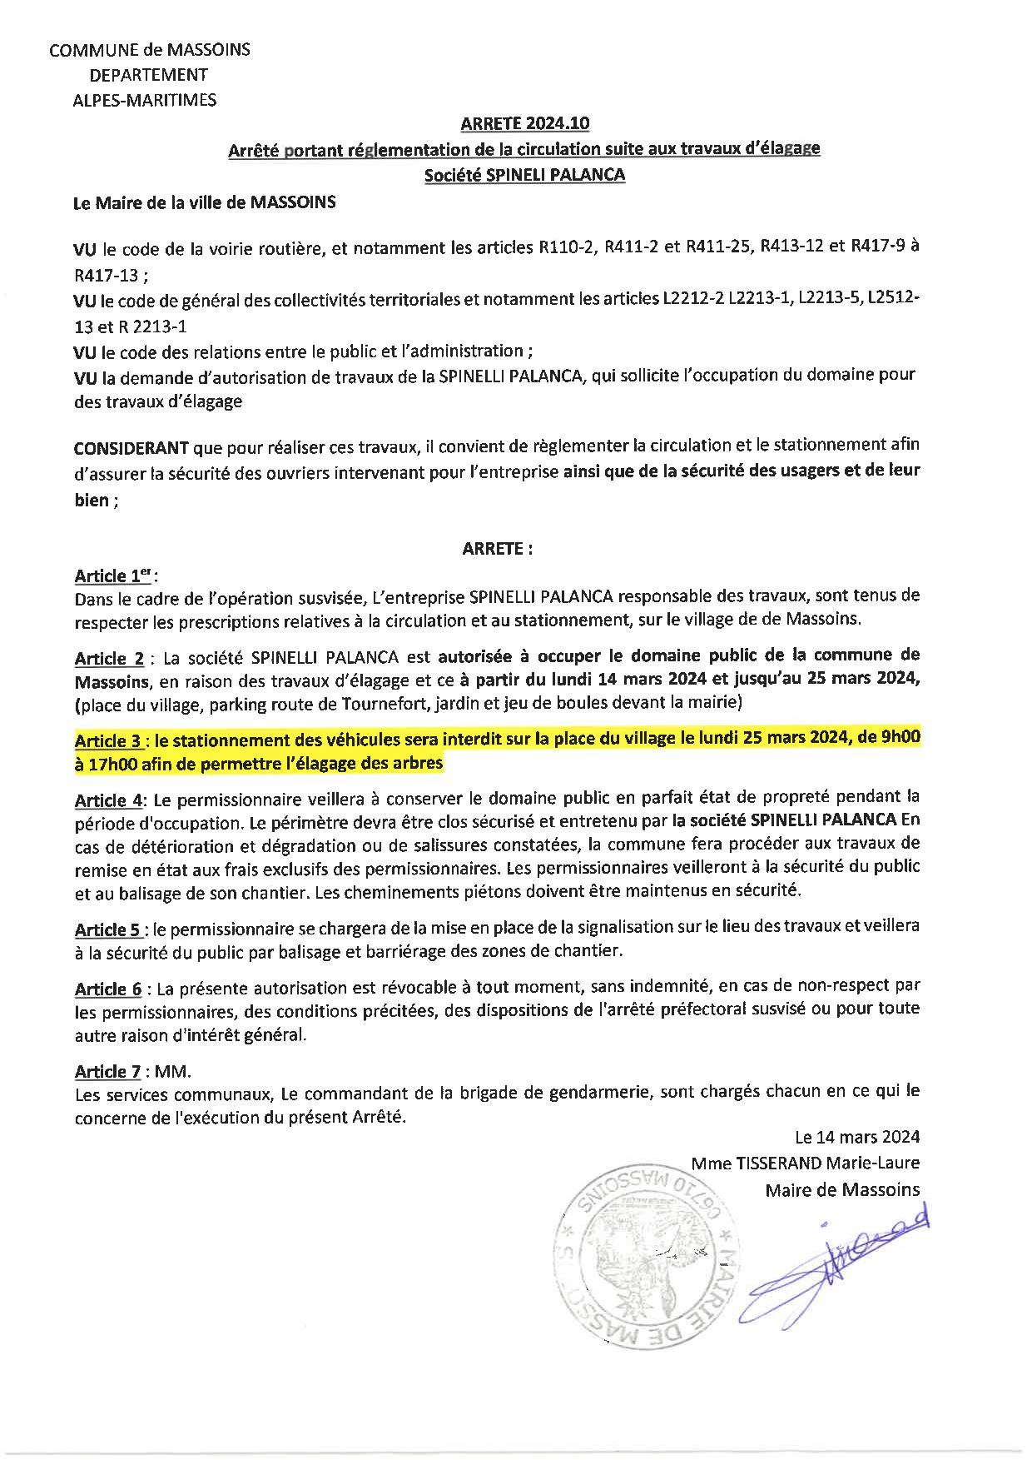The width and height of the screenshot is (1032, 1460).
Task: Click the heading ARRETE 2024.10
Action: pyautogui.click(x=524, y=124)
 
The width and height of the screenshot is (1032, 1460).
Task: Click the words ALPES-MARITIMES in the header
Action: pyautogui.click(x=144, y=100)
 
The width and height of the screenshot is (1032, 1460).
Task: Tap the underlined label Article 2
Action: pyautogui.click(x=109, y=659)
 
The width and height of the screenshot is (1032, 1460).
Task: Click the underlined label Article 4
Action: pyautogui.click(x=109, y=801)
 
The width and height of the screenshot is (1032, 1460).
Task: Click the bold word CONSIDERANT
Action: pyautogui.click(x=131, y=447)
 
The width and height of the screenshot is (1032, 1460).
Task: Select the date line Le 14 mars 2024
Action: pyautogui.click(x=857, y=1137)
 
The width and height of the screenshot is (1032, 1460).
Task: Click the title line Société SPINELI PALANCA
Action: pyautogui.click(x=524, y=176)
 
